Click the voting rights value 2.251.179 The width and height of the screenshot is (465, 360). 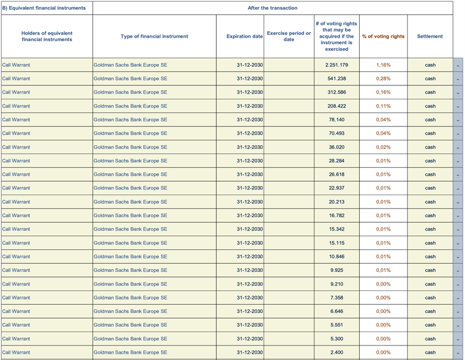pos(337,65)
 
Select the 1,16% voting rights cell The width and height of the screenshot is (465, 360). pos(383,65)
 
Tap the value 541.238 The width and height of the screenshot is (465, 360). pos(337,78)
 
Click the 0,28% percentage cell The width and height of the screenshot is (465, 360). pos(383,78)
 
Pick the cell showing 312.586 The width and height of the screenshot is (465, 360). pos(337,92)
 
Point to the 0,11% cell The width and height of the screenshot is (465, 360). pos(383,106)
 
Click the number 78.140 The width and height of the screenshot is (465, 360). pos(337,120)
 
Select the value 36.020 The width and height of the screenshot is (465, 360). pos(337,147)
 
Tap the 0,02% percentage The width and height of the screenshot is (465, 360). pos(383,147)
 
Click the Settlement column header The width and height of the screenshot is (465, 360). pos(430,36)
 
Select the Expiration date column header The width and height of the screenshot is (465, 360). pos(245,36)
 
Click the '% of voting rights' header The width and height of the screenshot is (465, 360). pos(383,36)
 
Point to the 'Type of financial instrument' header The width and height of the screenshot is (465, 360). pos(154,36)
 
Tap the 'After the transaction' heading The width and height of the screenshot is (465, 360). pos(273,8)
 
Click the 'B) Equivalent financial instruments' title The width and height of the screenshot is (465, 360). pos(44,8)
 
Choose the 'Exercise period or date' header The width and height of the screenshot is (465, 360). pos(289,36)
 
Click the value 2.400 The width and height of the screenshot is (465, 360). pos(337,352)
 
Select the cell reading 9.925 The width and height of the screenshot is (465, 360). pos(337,270)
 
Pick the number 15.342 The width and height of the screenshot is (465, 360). pos(337,229)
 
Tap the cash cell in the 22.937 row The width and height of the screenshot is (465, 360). pos(430,188)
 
